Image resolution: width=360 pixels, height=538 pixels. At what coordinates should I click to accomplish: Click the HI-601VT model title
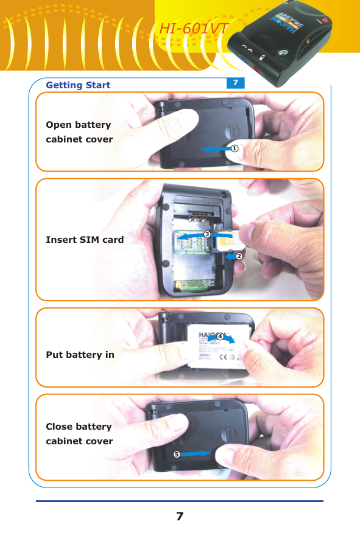pyautogui.click(x=194, y=29)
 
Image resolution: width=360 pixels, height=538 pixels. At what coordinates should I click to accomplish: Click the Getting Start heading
pyautogui.click(x=78, y=85)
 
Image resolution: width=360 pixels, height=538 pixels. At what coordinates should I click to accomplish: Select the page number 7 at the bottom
pyautogui.click(x=180, y=517)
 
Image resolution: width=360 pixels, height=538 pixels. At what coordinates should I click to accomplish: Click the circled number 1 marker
pyautogui.click(x=233, y=148)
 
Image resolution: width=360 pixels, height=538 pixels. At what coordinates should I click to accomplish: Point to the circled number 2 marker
pyautogui.click(x=239, y=257)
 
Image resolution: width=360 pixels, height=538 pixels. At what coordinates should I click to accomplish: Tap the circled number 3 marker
pyautogui.click(x=207, y=234)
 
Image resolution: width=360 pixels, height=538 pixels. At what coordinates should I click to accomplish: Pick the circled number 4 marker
pyautogui.click(x=219, y=337)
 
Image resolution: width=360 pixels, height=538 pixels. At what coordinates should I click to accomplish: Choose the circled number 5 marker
pyautogui.click(x=176, y=454)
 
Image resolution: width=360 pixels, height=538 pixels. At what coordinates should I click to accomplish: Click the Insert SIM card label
pyautogui.click(x=85, y=240)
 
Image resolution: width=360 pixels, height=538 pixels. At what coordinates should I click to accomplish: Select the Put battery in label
pyautogui.click(x=80, y=354)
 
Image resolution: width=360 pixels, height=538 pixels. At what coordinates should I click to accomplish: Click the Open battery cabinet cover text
pyautogui.click(x=79, y=132)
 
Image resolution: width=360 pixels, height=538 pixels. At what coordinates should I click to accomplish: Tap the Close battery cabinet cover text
pyautogui.click(x=79, y=434)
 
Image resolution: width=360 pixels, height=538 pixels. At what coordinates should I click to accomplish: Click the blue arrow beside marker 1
pyautogui.click(x=215, y=148)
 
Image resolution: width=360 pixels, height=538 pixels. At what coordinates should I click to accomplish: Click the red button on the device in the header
pyautogui.click(x=325, y=21)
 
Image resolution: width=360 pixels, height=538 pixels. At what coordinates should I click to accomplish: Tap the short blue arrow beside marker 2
pyautogui.click(x=229, y=257)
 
